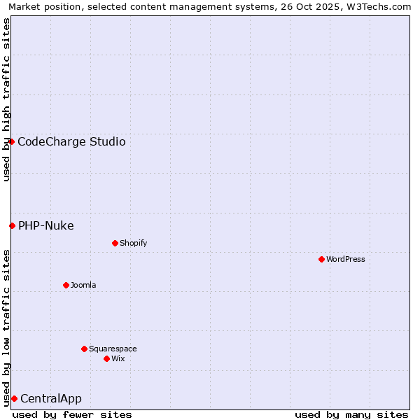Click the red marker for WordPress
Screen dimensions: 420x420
point(321,259)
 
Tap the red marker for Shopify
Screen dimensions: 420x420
point(115,243)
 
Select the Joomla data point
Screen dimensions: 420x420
point(66,285)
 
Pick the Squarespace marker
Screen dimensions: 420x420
point(84,349)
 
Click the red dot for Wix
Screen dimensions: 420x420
point(106,358)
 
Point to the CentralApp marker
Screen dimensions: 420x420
point(14,398)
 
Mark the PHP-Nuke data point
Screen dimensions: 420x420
point(12,225)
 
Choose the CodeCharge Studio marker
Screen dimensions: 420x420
point(11,141)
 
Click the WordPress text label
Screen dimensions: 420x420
point(346,260)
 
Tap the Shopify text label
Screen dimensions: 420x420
point(133,244)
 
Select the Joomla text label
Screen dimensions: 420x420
point(83,286)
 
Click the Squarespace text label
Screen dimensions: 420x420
point(113,349)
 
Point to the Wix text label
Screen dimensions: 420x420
point(118,359)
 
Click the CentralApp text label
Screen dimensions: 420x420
point(51,399)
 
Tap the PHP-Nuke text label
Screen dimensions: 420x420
point(46,226)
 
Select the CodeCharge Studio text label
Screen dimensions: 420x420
point(71,142)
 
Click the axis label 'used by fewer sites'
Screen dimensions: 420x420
point(72,414)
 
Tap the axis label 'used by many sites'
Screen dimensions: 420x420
point(351,414)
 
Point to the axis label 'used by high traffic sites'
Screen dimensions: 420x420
point(6,99)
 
